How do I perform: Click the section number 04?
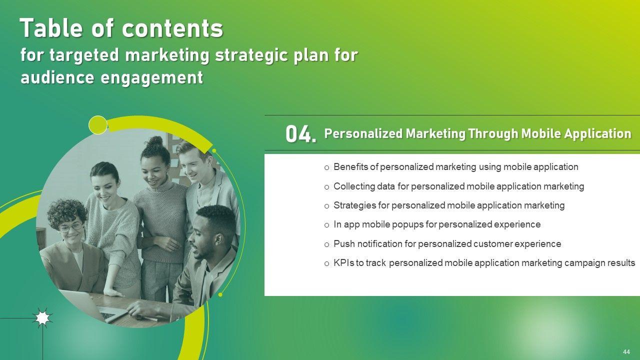[x=301, y=134]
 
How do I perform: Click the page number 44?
[x=626, y=351]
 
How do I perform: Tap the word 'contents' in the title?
[x=172, y=28]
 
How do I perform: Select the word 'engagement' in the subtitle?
[x=152, y=77]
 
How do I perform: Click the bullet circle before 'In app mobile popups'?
[x=327, y=225]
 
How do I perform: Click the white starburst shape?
[x=42, y=317]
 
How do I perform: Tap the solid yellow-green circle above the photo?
[x=98, y=125]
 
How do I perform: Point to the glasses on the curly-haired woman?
[x=70, y=227]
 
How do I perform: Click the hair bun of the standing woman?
[x=155, y=141]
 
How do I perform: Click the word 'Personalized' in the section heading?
[x=363, y=133]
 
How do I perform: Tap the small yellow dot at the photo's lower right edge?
[x=220, y=294]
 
